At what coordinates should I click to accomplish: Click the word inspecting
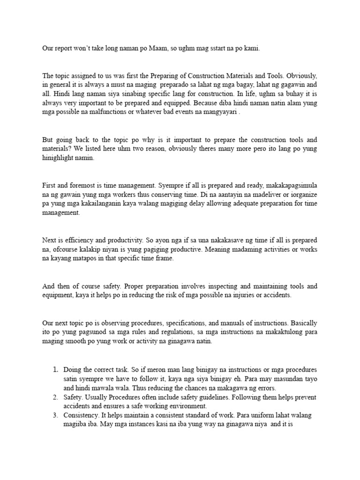point(220,286)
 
